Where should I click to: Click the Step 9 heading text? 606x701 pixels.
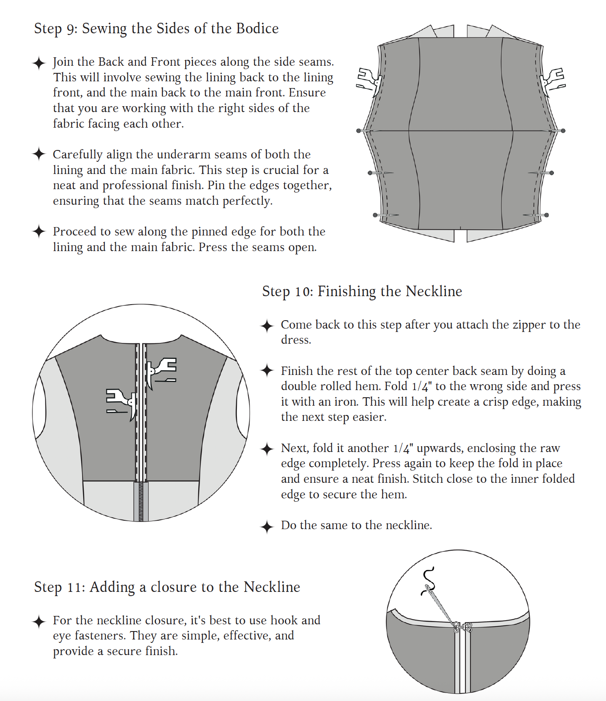[x=156, y=29]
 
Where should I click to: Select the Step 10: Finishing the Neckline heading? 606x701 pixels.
[x=362, y=292]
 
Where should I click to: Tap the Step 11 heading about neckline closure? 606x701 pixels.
[x=167, y=587]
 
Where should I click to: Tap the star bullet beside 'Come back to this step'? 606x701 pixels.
[x=267, y=326]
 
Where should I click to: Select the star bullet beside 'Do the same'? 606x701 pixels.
[x=267, y=527]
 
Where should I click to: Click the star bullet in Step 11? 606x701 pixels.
[x=39, y=621]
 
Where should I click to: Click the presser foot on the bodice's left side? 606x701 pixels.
[x=369, y=80]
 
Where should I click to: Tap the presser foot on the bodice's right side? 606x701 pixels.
[x=553, y=80]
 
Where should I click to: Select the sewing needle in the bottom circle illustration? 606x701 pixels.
[x=442, y=607]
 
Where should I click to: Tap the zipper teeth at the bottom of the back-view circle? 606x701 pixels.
[x=141, y=501]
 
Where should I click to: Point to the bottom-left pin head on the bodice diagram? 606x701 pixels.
[x=375, y=215]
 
